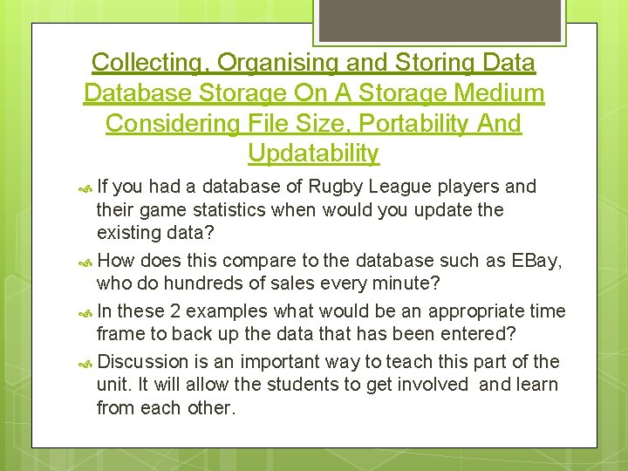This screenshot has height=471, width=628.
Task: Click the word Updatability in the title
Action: (x=313, y=154)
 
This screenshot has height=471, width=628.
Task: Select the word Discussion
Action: (x=144, y=362)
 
